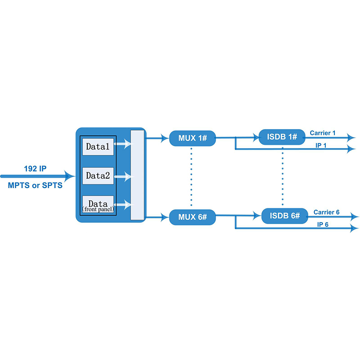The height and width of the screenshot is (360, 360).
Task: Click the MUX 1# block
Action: [193, 138]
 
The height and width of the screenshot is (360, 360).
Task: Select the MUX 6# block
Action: [193, 217]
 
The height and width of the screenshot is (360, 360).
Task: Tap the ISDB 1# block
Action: [282, 137]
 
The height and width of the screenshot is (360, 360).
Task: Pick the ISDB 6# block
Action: [285, 216]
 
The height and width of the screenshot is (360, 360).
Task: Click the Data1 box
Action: [98, 147]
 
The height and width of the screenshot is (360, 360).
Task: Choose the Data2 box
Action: [98, 175]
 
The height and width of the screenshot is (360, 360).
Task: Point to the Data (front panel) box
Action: [98, 204]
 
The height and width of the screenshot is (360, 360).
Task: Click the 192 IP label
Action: [35, 169]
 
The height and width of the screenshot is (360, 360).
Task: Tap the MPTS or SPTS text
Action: [35, 185]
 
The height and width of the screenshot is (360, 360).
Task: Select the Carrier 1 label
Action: [323, 133]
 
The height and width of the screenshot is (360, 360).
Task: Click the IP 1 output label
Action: [321, 145]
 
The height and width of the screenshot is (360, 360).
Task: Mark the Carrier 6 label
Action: [327, 212]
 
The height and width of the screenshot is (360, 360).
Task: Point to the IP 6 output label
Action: [323, 225]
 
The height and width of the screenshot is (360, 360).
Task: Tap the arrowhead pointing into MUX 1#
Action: [165, 138]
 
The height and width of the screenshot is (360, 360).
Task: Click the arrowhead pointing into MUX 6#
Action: [165, 217]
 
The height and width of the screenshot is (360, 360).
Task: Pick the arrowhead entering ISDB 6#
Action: [257, 216]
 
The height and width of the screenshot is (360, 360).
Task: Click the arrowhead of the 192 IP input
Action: [69, 176]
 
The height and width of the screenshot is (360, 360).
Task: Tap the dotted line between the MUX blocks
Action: [191, 177]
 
